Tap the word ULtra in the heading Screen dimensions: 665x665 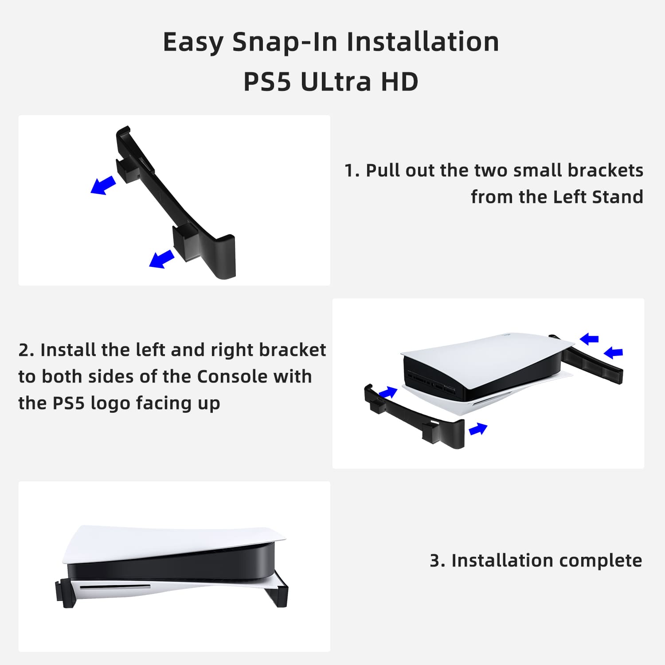(336, 82)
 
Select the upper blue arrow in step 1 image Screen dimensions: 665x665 (103, 185)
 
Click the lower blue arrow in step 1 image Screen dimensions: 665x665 (162, 259)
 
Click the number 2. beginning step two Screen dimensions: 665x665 (26, 350)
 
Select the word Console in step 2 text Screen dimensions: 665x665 (232, 377)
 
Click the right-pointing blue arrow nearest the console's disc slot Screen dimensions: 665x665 (478, 429)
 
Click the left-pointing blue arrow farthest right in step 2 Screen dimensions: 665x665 (614, 352)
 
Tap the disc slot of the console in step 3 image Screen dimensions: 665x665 (115, 587)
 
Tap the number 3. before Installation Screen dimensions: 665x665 (438, 561)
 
